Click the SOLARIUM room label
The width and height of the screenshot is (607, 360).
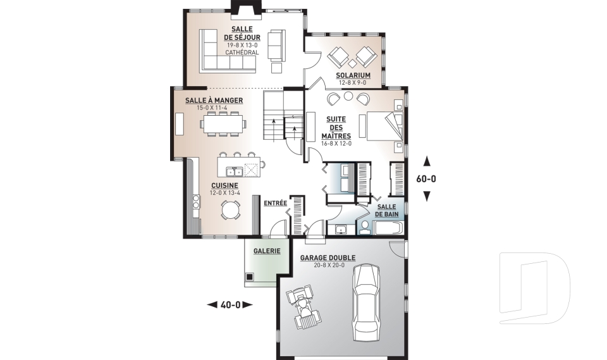pyautogui.click(x=353, y=75)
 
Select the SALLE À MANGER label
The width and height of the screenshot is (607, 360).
pyautogui.click(x=214, y=101)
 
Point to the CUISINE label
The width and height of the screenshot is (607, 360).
pyautogui.click(x=224, y=185)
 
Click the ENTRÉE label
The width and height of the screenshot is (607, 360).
pyautogui.click(x=275, y=203)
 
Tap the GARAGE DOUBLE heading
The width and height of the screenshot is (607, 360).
pyautogui.click(x=328, y=258)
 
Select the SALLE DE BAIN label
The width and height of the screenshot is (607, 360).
pyautogui.click(x=386, y=211)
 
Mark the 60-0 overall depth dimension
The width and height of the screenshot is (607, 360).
pyautogui.click(x=426, y=179)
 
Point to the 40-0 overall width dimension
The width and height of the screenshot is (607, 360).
pyautogui.click(x=230, y=305)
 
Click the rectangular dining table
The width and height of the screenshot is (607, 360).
pyautogui.click(x=224, y=124)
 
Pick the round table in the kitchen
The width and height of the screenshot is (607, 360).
pyautogui.click(x=231, y=209)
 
